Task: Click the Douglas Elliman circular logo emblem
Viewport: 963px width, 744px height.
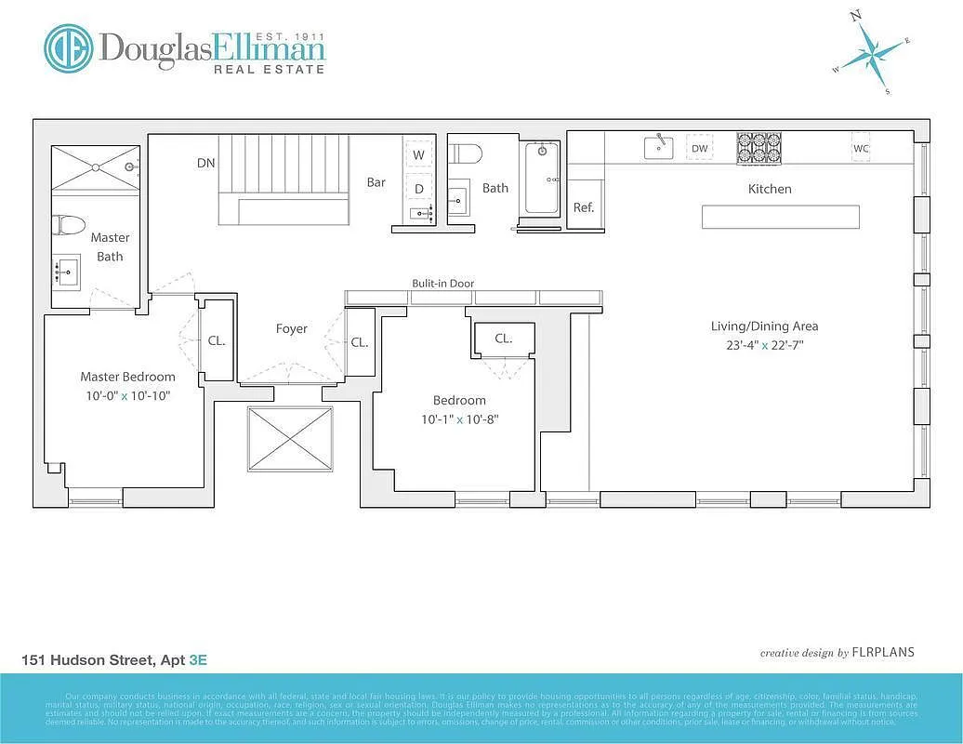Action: pos(69,48)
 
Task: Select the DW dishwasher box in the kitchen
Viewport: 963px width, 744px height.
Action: pos(700,148)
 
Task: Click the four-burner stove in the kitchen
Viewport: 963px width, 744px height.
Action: pos(759,148)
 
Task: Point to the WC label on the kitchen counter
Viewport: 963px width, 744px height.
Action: pos(861,148)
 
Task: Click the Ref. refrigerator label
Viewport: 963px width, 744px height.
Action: pos(584,207)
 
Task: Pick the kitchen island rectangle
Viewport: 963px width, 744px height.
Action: pos(780,217)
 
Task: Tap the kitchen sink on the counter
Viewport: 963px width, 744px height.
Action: pos(658,146)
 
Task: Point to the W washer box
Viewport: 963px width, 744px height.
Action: pos(418,154)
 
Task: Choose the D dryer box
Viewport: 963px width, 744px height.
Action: pos(418,189)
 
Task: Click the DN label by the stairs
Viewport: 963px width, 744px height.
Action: pos(206,163)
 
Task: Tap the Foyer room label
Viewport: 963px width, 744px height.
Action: pos(291,328)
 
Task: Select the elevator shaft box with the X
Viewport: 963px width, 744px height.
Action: pos(290,438)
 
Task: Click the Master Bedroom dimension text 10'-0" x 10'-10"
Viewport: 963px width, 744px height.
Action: pos(127,395)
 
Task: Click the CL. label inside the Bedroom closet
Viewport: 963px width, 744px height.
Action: pos(503,339)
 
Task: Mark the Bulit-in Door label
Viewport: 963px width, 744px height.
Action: pos(443,284)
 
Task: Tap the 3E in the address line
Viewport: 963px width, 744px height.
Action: pos(197,660)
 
